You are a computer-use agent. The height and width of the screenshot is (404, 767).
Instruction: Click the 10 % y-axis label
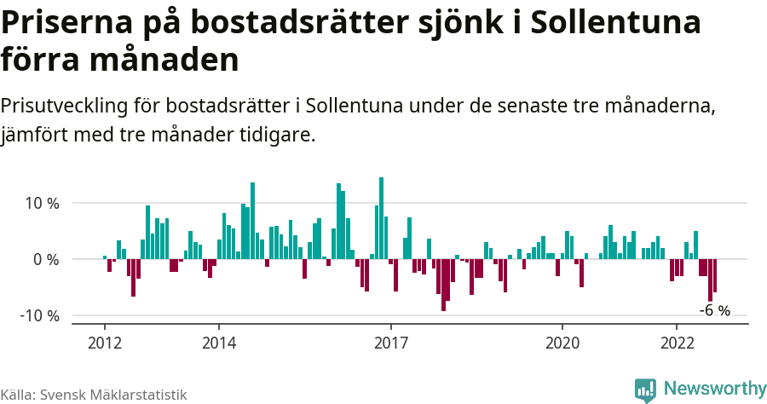point(41,204)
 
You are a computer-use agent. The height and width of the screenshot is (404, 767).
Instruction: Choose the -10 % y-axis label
point(39,315)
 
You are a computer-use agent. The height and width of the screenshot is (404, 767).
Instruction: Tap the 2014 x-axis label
point(219,343)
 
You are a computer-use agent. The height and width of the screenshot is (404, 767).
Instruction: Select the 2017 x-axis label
point(391,343)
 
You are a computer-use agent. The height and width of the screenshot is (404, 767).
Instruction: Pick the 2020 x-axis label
point(562,343)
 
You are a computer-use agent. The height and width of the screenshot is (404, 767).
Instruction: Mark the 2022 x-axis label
point(677,343)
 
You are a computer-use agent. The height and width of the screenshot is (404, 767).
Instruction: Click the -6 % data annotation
point(714,311)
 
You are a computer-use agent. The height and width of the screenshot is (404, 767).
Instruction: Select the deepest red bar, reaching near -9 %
point(443,285)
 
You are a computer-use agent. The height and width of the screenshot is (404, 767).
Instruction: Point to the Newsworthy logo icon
point(645,390)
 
